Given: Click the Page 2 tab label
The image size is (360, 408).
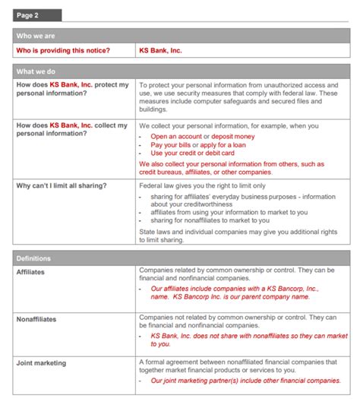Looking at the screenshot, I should pos(29,15).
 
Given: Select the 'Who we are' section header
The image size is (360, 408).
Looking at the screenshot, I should pos(36,36).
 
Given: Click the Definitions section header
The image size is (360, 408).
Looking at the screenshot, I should pos(35,258).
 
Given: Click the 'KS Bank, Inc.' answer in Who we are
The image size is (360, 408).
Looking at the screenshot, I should pos(161,50).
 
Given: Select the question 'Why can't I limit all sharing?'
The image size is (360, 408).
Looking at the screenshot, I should pos(62,185).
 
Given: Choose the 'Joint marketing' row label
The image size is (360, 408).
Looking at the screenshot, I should pos(42,363).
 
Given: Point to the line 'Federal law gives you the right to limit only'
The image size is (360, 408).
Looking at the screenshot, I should pos(202,185).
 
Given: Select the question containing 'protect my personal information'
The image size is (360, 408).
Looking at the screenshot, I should pos(72,89).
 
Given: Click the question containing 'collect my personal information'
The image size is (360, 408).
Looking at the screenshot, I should pos(72,129).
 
